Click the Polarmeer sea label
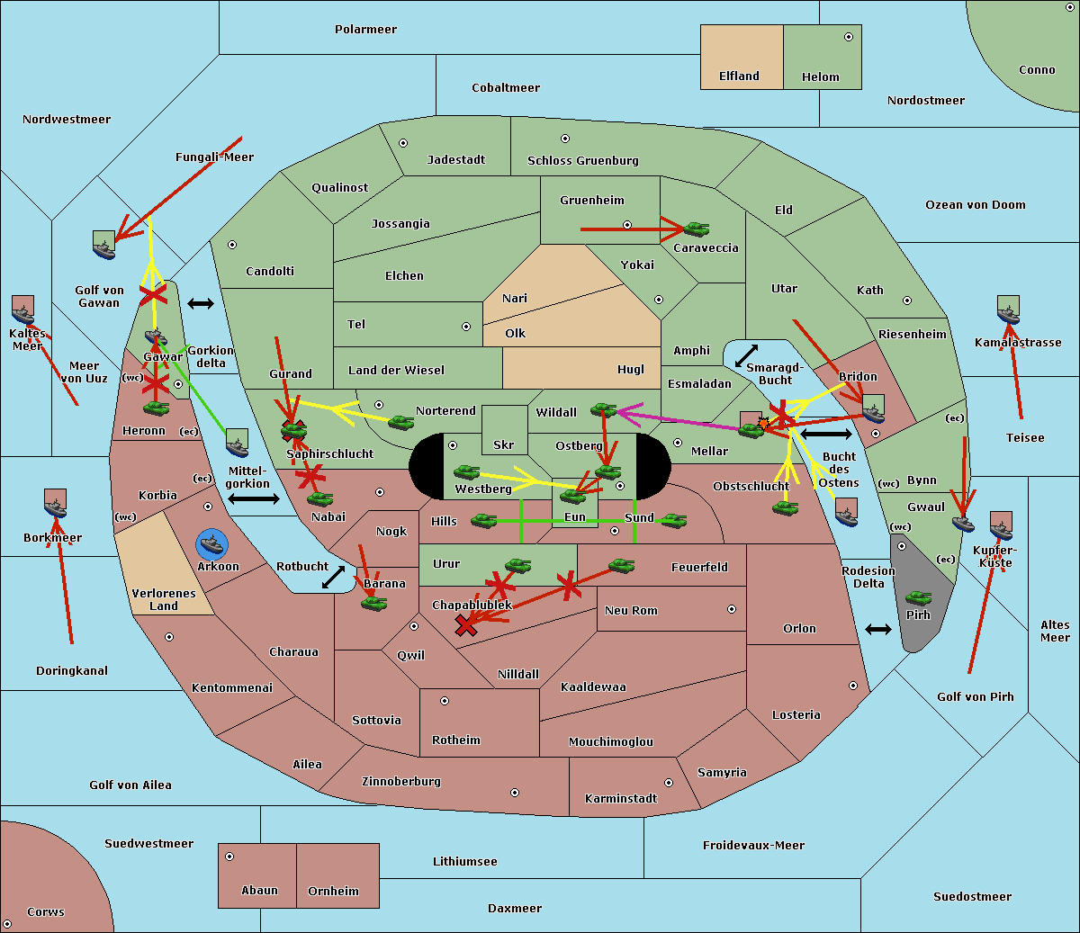pos(365,30)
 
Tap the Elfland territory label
pos(739,76)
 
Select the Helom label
pos(820,77)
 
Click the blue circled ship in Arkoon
pos(211,544)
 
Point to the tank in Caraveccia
pos(696,229)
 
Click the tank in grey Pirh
pos(918,598)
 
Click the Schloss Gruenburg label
pos(582,161)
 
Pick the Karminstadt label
pos(621,799)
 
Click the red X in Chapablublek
pos(465,625)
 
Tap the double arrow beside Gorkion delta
pos(200,304)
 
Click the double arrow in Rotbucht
pos(333,577)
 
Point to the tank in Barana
pos(373,603)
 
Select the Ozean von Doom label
pos(975,205)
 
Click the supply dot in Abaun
pos(229,857)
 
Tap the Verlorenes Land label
pos(164,599)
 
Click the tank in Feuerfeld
pos(621,566)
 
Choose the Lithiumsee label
pos(464,862)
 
